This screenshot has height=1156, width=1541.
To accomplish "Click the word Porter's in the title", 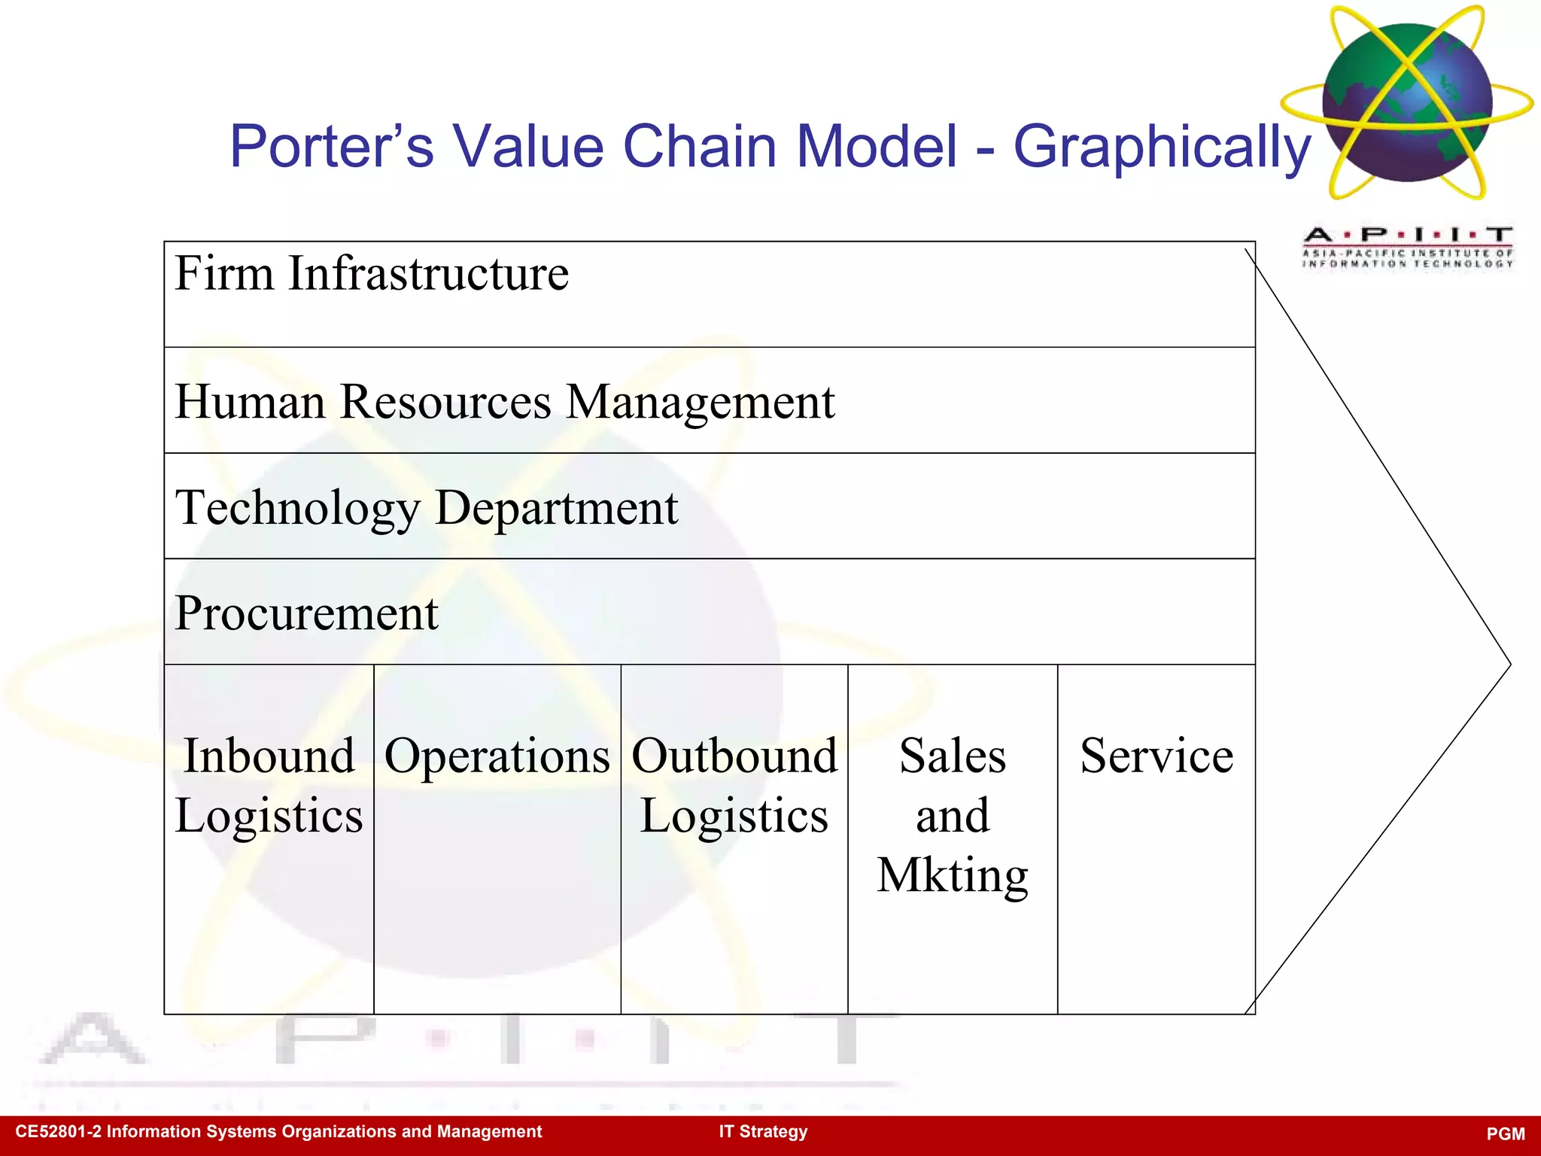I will click(x=332, y=146).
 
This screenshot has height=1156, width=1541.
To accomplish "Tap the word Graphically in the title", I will click(x=1162, y=148).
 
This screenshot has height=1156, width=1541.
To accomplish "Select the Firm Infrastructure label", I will click(x=372, y=273).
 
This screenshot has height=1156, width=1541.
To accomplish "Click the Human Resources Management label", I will click(x=505, y=402).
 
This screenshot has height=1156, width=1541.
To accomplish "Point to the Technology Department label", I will click(x=427, y=508).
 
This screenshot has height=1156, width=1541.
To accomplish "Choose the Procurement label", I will click(x=306, y=613).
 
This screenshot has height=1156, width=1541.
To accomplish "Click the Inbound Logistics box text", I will click(x=269, y=786).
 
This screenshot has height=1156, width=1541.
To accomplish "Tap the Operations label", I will click(x=497, y=756).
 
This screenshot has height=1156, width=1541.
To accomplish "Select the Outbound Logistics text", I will click(x=734, y=786).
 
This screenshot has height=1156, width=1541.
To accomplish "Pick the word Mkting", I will click(x=953, y=876).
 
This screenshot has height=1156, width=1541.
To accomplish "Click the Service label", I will click(x=1157, y=756).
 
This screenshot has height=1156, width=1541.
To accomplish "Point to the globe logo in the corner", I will click(x=1407, y=102).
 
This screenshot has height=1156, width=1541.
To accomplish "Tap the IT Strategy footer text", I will click(x=763, y=1132).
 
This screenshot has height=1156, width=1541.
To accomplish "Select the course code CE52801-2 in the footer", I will click(x=57, y=1132).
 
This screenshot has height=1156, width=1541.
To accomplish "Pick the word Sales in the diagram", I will click(x=953, y=756).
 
